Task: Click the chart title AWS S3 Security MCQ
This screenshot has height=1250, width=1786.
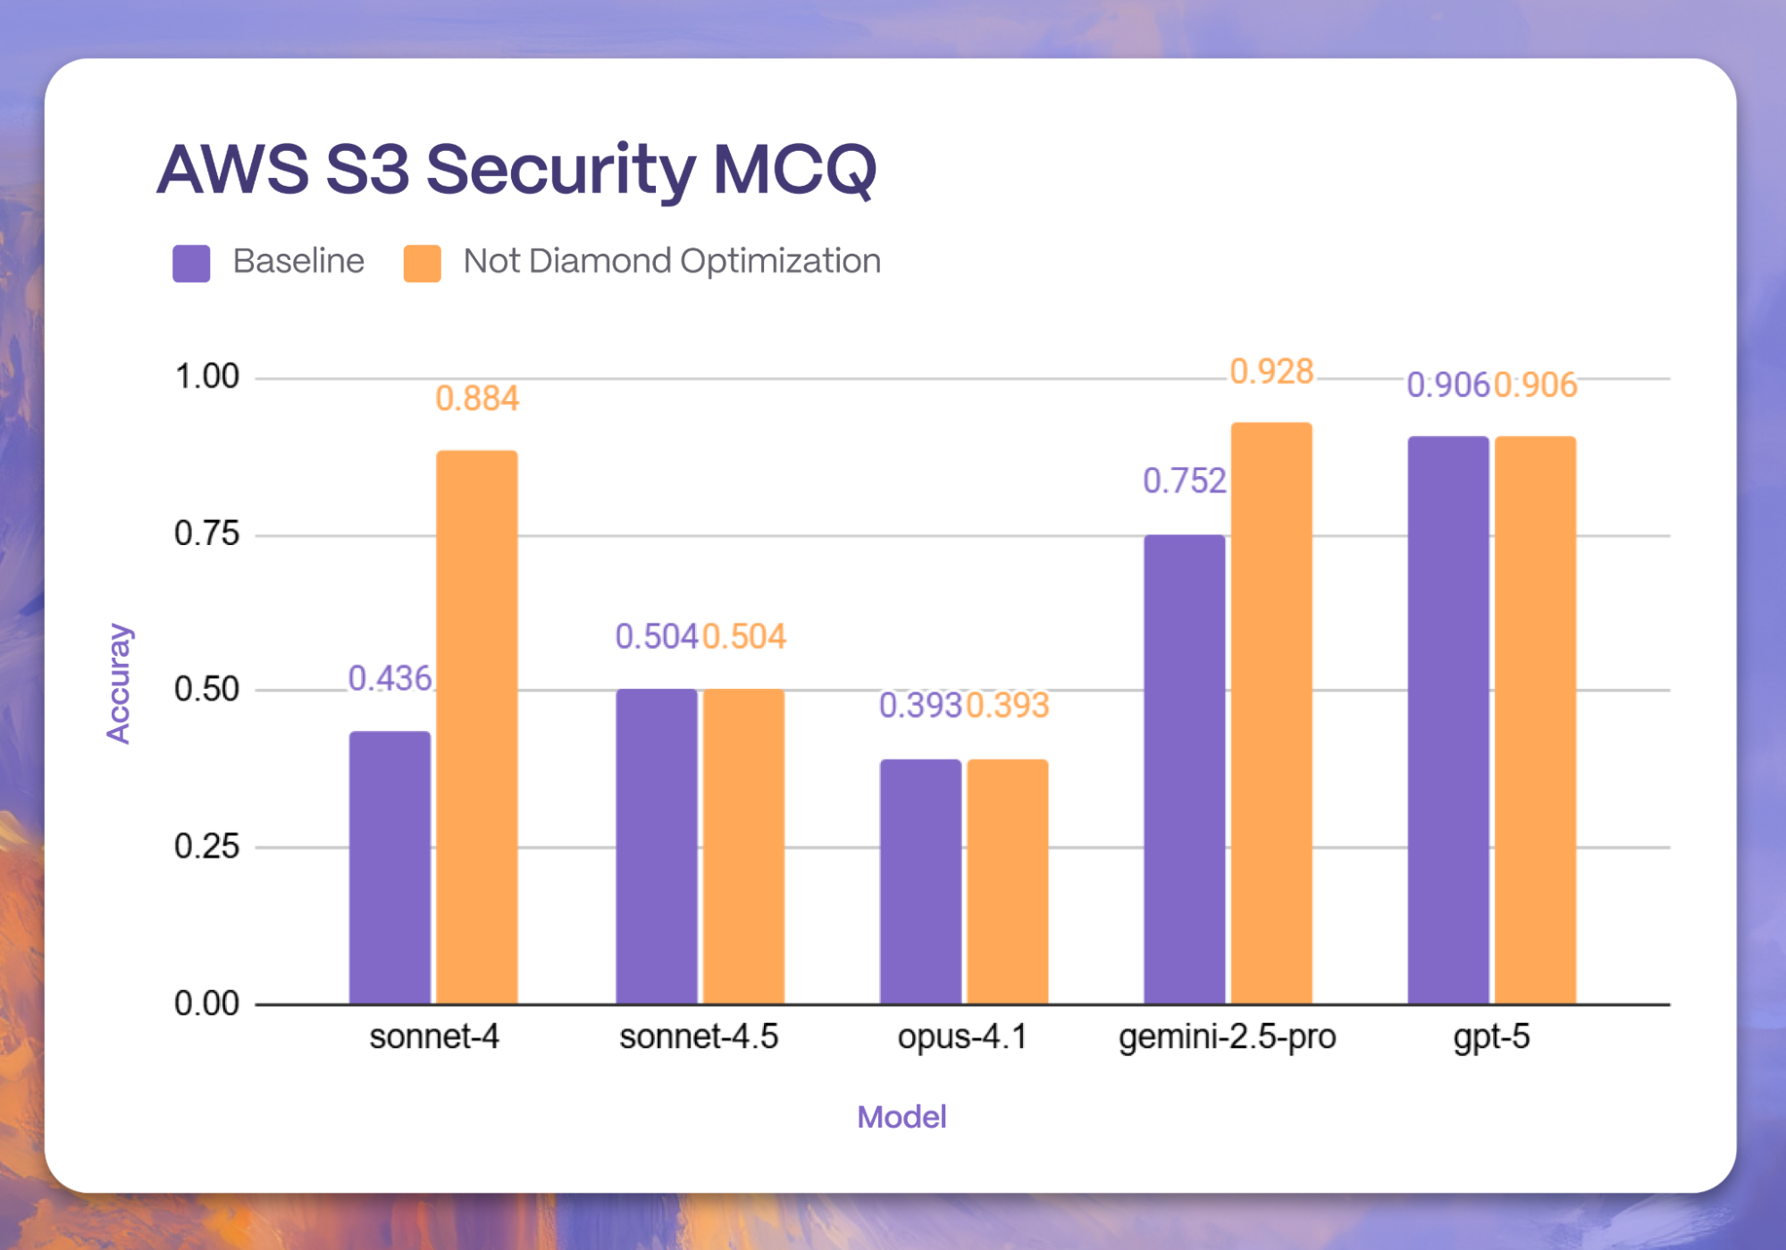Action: click(x=516, y=170)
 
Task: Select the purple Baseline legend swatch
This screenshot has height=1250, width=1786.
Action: click(x=191, y=263)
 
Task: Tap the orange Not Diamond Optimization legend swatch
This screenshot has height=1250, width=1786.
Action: click(x=422, y=263)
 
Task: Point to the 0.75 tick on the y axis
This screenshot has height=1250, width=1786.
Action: click(x=206, y=533)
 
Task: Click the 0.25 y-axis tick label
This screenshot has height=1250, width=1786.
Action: click(x=206, y=846)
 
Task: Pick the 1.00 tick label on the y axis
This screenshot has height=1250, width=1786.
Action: click(x=206, y=376)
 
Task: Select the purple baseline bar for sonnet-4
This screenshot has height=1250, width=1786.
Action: click(x=390, y=867)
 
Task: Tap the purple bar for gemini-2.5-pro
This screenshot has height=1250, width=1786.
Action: click(x=1184, y=768)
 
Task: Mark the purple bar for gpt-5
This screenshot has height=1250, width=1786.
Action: click(x=1447, y=719)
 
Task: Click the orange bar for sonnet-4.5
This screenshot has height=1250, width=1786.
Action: click(x=743, y=845)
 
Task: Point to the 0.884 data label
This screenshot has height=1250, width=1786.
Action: click(x=477, y=398)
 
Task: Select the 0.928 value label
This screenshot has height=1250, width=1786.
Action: click(x=1271, y=372)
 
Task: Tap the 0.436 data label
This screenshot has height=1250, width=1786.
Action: click(x=390, y=679)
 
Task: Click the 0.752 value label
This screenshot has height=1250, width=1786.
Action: click(x=1185, y=482)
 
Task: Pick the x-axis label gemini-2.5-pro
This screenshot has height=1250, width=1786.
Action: click(x=1227, y=1036)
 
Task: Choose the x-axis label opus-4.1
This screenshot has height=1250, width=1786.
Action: click(x=962, y=1036)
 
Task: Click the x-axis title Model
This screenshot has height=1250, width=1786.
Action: click(x=901, y=1117)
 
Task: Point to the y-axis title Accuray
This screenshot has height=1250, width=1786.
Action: click(x=119, y=684)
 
